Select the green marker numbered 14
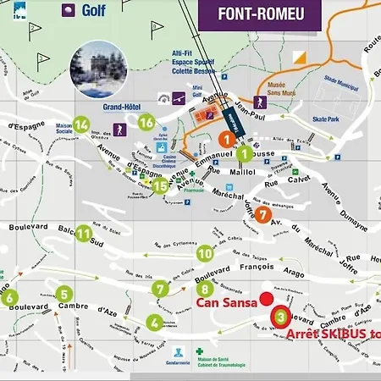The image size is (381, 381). click(x=81, y=125)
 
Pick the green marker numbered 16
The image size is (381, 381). click(x=146, y=123)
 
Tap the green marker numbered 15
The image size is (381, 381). click(x=161, y=186)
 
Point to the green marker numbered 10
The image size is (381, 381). click(x=204, y=252)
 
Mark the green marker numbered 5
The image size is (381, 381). click(x=64, y=295)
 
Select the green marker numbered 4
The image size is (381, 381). click(x=154, y=322)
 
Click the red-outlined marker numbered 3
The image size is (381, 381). click(x=280, y=317)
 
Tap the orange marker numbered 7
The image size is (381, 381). click(x=264, y=215)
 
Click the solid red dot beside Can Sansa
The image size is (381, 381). click(x=267, y=298)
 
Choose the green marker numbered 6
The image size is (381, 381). click(x=8, y=297)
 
